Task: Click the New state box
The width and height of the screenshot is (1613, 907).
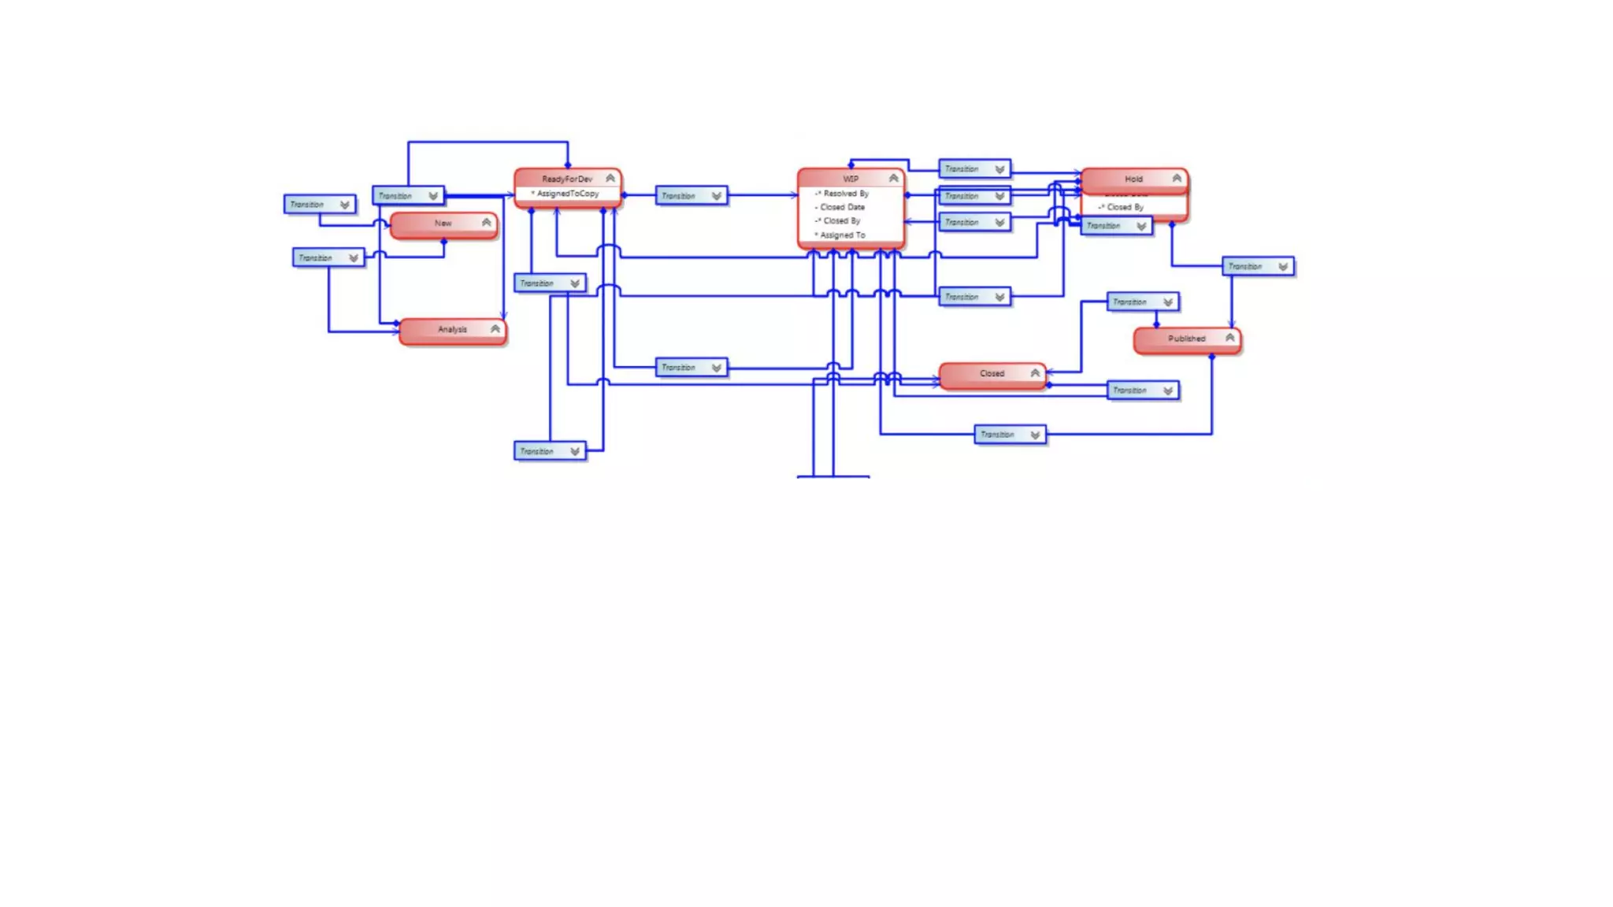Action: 443,224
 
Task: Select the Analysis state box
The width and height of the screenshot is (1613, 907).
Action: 452,330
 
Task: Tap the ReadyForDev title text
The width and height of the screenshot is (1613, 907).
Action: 567,180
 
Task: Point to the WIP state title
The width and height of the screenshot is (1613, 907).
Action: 851,180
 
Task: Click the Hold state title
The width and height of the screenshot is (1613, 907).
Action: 1133,180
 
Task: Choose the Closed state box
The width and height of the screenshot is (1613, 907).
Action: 992,374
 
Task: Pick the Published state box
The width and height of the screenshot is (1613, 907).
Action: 1186,339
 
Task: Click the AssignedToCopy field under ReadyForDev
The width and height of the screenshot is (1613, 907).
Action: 568,194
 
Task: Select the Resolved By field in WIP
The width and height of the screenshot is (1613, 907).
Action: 846,194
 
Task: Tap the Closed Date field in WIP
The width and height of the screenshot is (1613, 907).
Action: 842,207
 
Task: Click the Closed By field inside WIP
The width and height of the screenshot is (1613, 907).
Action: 842,221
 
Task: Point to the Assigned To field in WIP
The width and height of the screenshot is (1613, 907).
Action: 843,235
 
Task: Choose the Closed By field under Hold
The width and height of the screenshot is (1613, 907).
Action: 1125,208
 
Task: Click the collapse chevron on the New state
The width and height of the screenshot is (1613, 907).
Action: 487,224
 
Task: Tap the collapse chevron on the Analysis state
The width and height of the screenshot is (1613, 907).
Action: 495,329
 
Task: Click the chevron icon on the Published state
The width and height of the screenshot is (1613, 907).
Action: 1229,338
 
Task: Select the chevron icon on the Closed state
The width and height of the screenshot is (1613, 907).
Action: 1035,373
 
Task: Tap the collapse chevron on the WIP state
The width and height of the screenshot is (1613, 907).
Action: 893,179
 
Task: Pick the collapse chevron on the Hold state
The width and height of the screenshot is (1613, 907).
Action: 1177,179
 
